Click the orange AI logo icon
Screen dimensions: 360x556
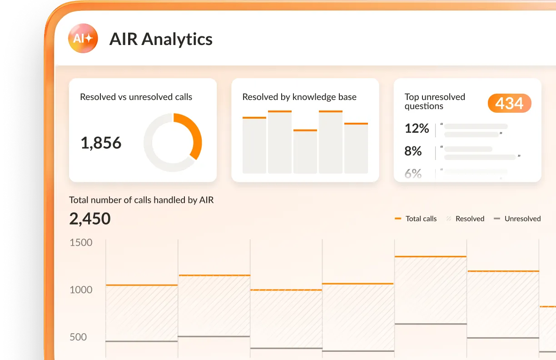(83, 39)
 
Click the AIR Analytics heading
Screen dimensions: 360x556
(161, 39)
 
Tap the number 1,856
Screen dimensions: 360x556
(101, 143)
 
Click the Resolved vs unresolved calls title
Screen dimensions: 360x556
(136, 97)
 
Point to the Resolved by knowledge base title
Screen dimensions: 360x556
(299, 97)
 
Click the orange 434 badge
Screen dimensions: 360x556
(509, 104)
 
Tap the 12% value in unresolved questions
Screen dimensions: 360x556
(417, 129)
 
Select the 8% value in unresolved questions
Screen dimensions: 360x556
(413, 151)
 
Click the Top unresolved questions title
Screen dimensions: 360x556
(435, 101)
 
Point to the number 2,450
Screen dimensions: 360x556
(90, 219)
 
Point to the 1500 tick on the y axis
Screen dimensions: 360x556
(81, 242)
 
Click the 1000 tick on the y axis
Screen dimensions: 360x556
(81, 290)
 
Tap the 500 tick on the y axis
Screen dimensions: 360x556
(78, 337)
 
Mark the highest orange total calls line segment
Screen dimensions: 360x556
(431, 257)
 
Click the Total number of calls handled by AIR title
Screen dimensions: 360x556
(141, 200)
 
